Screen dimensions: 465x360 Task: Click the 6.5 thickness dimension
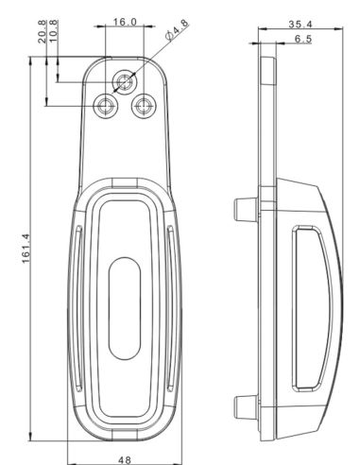point(303,39)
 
